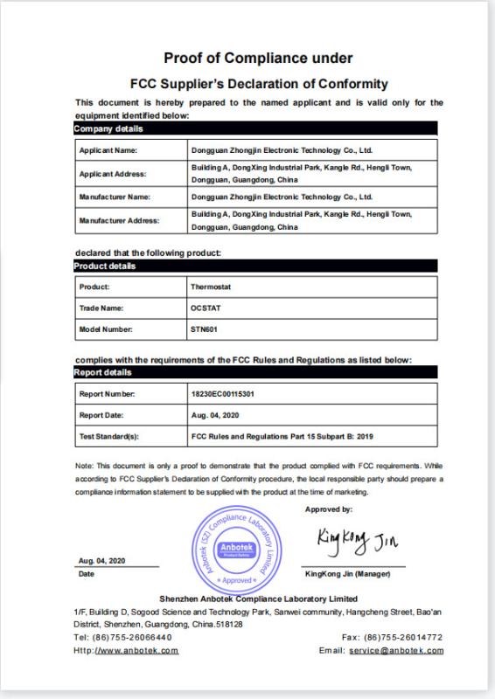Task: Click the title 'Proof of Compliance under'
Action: pos(258,59)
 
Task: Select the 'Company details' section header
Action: pos(108,129)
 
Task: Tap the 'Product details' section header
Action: pos(105,266)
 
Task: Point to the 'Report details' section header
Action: pos(103,372)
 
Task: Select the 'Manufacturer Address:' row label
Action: pos(120,221)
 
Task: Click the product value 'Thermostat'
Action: pos(210,287)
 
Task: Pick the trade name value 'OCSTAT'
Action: pos(206,308)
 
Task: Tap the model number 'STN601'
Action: pos(205,329)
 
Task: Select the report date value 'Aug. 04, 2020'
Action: pos(215,415)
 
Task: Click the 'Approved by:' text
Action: pos(329,509)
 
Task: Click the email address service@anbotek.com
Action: pos(396,651)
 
